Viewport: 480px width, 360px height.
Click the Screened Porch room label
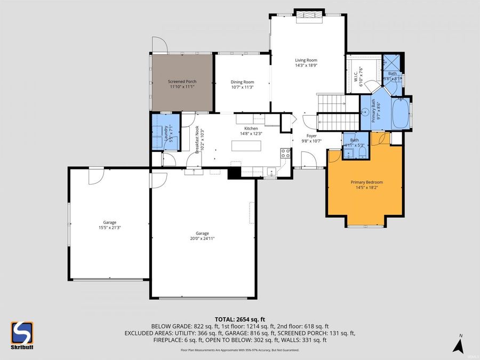pyautogui.click(x=183, y=82)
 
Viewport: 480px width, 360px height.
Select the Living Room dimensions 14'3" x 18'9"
pyautogui.click(x=306, y=66)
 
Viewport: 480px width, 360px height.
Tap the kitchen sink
pyautogui.click(x=271, y=171)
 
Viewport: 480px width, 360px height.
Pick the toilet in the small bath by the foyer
pyautogui.click(x=362, y=153)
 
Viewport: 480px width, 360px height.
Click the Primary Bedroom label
pyautogui.click(x=366, y=182)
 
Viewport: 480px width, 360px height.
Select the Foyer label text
pyautogui.click(x=311, y=136)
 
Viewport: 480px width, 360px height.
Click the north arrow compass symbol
pyautogui.click(x=457, y=345)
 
